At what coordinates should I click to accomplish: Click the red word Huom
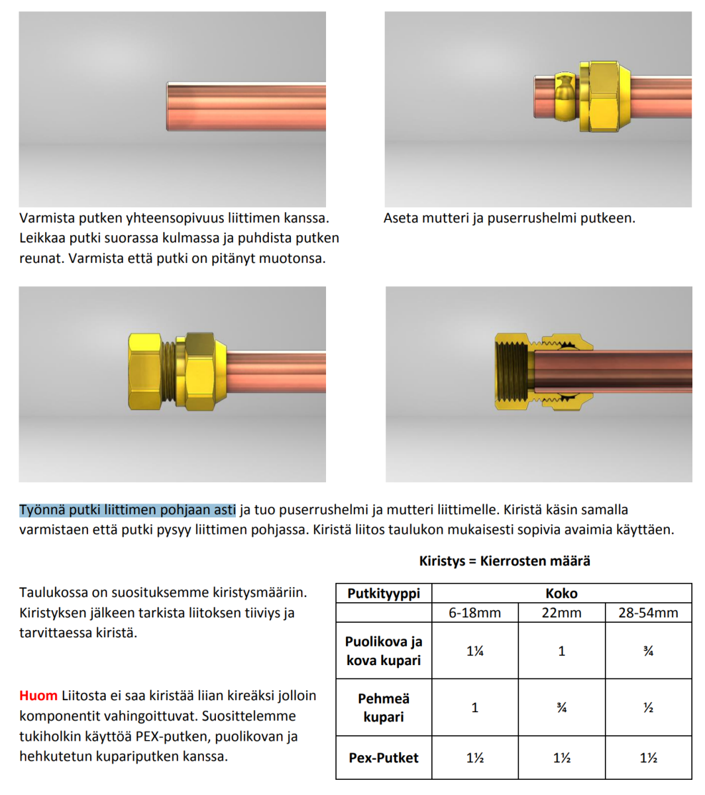point(38,696)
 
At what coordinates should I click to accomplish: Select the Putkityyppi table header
point(384,593)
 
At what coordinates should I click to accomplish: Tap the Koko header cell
point(561,593)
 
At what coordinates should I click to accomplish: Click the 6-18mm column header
point(474,613)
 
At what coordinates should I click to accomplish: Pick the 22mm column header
point(561,613)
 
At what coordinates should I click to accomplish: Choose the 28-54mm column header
point(648,613)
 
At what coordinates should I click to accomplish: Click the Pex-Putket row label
point(384,757)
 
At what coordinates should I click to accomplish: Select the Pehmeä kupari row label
point(384,708)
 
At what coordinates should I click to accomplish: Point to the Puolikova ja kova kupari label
point(384,651)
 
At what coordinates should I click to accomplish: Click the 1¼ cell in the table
point(474,651)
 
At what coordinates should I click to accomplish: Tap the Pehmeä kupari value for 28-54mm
point(648,708)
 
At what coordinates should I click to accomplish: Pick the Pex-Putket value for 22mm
point(561,757)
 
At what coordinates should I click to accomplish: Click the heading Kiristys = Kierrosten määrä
point(504,561)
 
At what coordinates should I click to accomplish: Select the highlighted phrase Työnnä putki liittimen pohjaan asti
point(127,509)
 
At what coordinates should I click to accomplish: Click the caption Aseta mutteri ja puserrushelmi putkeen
point(509,218)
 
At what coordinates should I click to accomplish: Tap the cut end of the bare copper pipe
point(168,106)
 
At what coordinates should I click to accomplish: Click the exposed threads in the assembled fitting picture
point(174,371)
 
